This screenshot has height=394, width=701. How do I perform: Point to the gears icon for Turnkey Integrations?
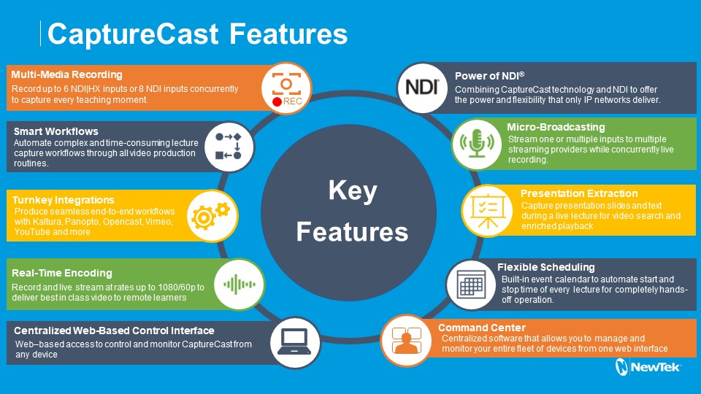210,214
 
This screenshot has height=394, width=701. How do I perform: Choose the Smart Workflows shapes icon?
233,146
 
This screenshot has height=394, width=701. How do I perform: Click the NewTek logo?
648,367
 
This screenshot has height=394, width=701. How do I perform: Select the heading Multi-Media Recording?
66,74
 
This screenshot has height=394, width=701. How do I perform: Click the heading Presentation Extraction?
578,193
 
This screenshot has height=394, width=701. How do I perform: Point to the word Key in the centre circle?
352,192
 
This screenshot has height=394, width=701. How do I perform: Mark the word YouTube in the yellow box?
33,232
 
